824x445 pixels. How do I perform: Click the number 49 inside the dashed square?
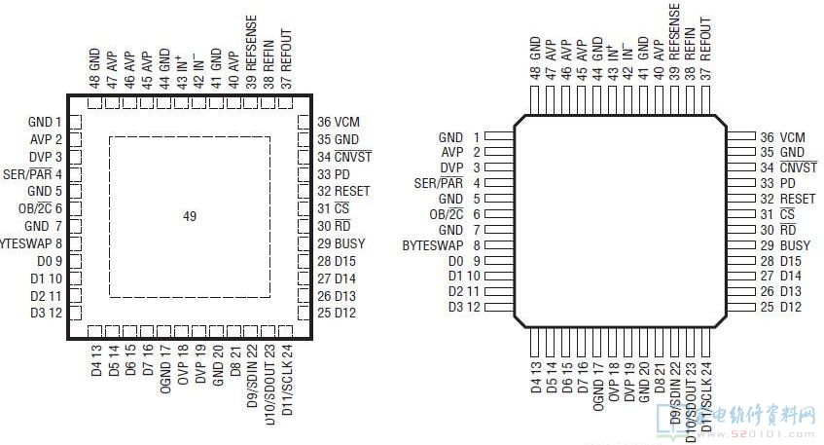[x=190, y=216]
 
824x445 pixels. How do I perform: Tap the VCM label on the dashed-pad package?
[x=347, y=122]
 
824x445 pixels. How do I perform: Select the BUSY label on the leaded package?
[x=794, y=246]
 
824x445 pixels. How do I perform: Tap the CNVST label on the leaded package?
[x=799, y=167]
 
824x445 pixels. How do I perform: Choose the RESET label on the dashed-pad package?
[x=352, y=192]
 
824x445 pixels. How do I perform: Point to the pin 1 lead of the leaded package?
[x=498, y=137]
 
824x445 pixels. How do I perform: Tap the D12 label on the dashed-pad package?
[x=345, y=313]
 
